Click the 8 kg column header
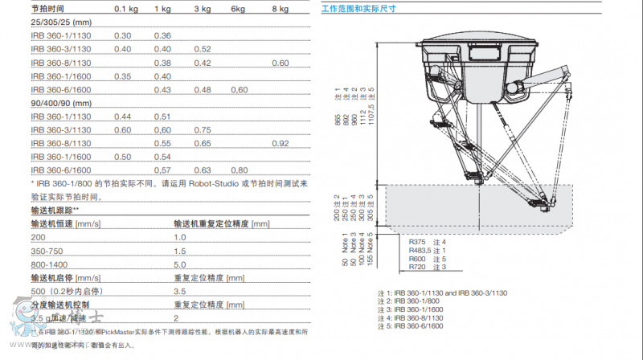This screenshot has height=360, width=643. point(279,9)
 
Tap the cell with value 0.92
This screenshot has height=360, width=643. point(280,143)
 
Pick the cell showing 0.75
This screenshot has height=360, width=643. point(202,129)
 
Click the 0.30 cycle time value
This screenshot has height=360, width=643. point(122,35)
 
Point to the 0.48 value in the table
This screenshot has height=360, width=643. point(202,89)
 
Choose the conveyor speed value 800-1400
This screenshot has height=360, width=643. point(50,264)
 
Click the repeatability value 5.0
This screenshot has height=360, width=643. point(180,264)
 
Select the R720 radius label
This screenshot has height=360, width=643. point(417,265)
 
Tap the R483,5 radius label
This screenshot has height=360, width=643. point(420,250)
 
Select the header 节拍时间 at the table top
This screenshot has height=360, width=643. point(46,9)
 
